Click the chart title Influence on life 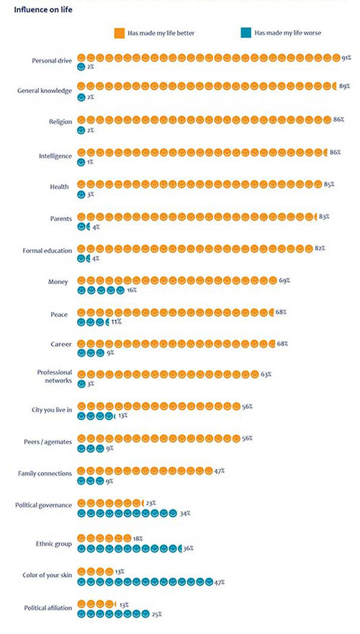43,9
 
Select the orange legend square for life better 120,33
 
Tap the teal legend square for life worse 246,33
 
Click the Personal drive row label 52,61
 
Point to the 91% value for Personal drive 346,58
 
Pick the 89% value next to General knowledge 344,86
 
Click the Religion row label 60,121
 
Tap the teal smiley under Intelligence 81,161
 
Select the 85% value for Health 329,184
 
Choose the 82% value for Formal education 320,248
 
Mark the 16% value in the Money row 132,290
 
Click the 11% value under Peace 117,322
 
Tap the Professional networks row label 55,376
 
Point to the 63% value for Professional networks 266,375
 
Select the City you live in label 52,410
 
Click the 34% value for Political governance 185,514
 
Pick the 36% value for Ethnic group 189,549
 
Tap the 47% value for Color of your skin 220,582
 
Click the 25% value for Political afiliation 157,614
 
